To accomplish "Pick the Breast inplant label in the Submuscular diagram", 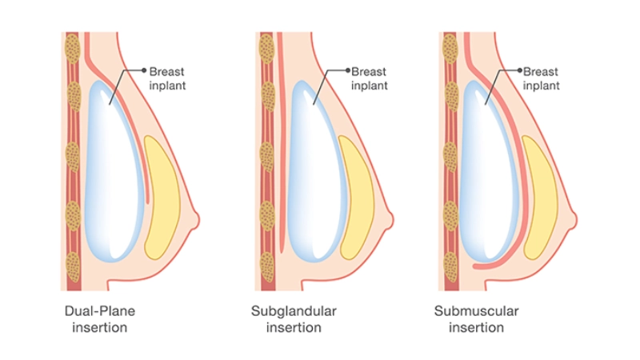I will pyautogui.click(x=540, y=78).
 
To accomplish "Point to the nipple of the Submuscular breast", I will pyautogui.click(x=574, y=218).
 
